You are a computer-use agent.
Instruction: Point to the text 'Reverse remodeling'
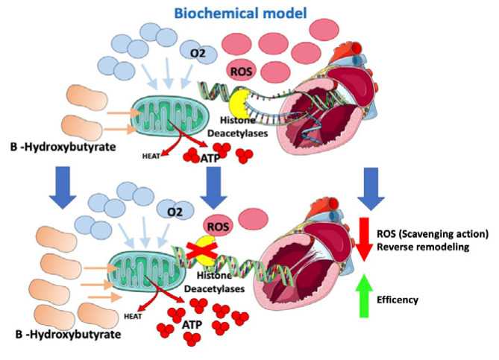[415, 247]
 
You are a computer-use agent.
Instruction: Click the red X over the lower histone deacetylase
[197, 249]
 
